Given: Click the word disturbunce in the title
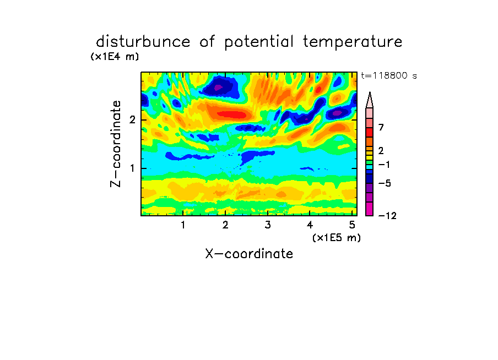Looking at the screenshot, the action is click(x=143, y=42).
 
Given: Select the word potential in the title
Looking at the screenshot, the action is click(x=259, y=42).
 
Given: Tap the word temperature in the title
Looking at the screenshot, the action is click(x=353, y=42).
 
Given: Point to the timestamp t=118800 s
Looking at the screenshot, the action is click(x=389, y=75).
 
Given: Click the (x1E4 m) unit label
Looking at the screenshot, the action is click(x=115, y=57).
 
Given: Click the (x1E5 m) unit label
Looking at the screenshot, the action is click(x=337, y=237).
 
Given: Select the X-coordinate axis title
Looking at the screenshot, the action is click(x=249, y=254).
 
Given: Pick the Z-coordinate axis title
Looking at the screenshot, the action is click(x=116, y=144).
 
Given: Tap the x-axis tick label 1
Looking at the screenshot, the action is click(x=183, y=225).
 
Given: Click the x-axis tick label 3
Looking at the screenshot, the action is click(x=268, y=225).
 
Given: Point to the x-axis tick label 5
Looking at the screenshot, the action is click(x=352, y=225).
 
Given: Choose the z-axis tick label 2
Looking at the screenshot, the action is click(x=132, y=120).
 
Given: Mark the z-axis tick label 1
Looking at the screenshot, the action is click(x=132, y=168).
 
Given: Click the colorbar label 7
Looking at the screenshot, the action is click(x=381, y=128).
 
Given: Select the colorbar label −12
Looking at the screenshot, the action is click(x=387, y=216).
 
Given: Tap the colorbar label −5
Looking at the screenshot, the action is click(x=385, y=183).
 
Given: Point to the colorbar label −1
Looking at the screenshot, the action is click(x=384, y=165).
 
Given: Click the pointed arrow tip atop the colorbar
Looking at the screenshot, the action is click(x=370, y=92).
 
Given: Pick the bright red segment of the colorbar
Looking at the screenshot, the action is click(x=370, y=132).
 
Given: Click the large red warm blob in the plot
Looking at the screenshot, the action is click(x=231, y=114).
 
